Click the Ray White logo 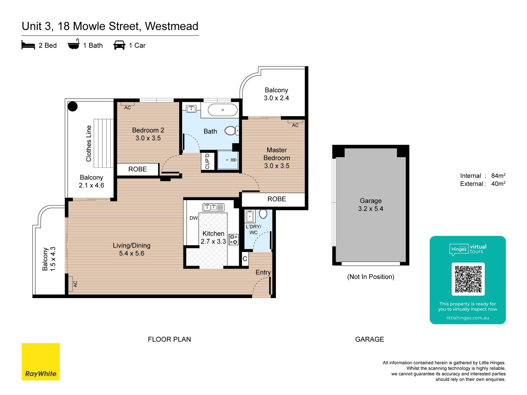pos(41,362)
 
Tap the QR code pos(468,279)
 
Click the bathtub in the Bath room pos(223,110)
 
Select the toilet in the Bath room pos(232,130)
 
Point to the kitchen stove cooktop pos(234,239)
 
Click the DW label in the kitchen pos(194,218)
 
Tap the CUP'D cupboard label pos(207,161)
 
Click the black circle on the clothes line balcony pos(73,106)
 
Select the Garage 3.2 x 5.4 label pos(371,205)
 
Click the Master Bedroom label pos(277,158)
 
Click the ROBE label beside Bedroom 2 pos(138,169)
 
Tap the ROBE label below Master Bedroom pos(277,199)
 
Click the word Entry pos(263,272)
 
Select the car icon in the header pos(119,45)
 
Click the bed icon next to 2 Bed pos(28,45)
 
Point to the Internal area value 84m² pos(498,176)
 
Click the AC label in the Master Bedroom pos(295,125)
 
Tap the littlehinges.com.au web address pos(468,318)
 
